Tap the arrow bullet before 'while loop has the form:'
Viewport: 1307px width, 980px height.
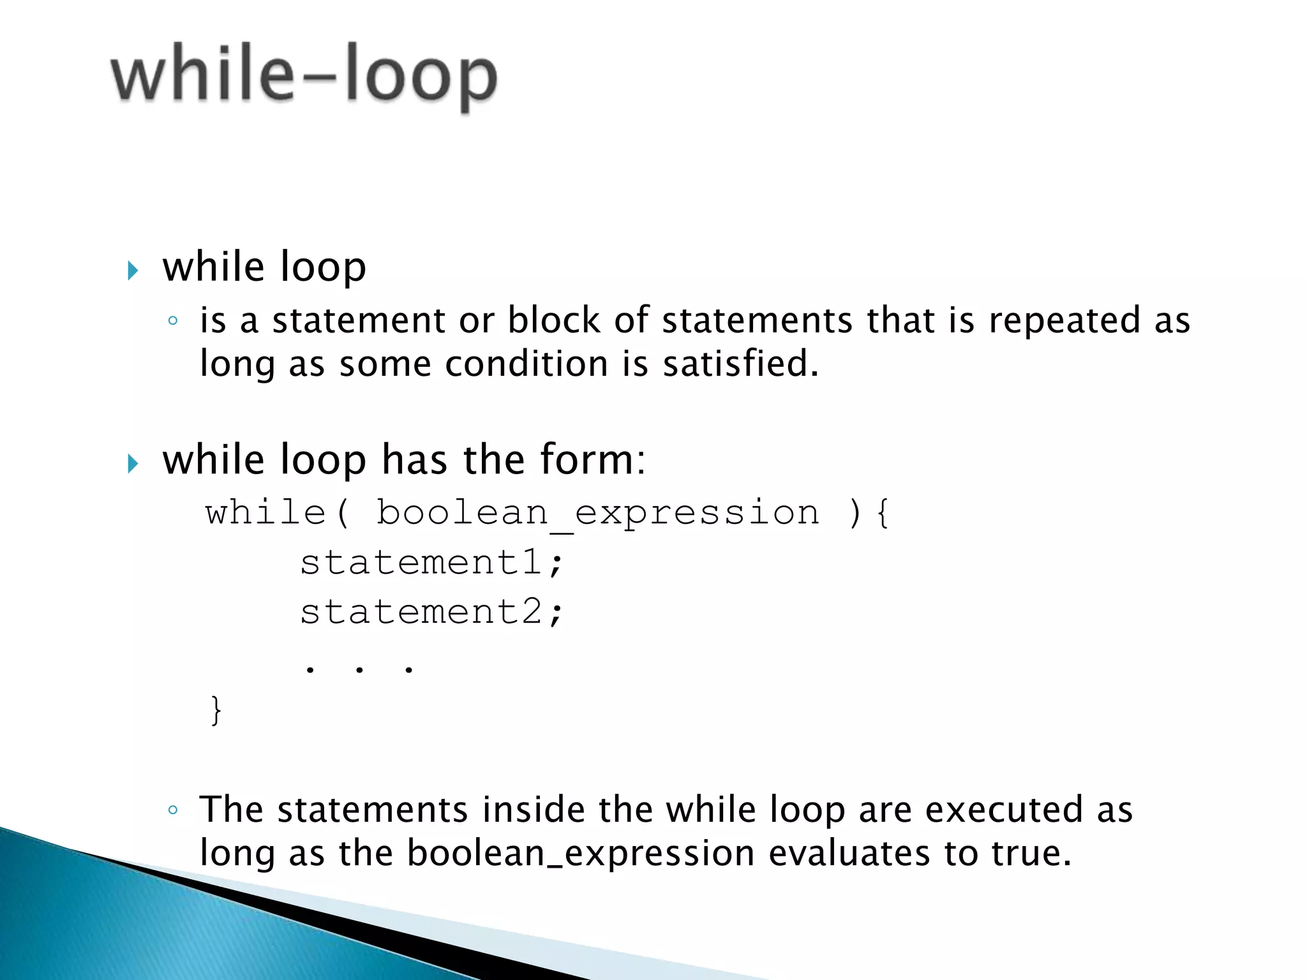pos(133,463)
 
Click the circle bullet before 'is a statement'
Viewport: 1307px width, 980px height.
pos(172,321)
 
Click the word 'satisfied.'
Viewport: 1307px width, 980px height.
pos(740,364)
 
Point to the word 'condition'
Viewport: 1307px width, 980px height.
pos(526,364)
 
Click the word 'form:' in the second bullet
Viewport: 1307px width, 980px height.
pos(592,459)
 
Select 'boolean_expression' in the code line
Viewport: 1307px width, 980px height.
pos(598,514)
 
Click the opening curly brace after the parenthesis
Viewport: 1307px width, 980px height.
pos(883,514)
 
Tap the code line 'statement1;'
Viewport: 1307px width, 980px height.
pos(431,563)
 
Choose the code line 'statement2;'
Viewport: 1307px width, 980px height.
pos(431,612)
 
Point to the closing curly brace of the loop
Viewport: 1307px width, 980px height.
pos(216,710)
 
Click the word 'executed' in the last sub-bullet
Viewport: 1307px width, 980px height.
pos(1004,810)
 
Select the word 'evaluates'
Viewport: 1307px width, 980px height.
pos(849,854)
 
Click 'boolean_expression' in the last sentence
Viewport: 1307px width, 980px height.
pos(581,854)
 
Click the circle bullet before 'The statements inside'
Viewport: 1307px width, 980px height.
pos(172,811)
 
